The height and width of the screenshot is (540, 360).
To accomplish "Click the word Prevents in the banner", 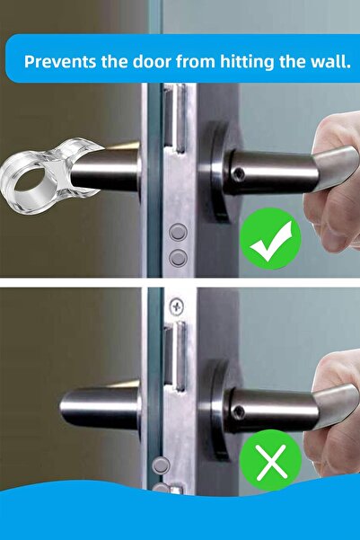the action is [60, 61].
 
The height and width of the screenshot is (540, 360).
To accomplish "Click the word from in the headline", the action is [196, 61].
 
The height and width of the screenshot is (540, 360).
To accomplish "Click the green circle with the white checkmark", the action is [270, 239].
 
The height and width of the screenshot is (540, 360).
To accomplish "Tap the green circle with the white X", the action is [270, 461].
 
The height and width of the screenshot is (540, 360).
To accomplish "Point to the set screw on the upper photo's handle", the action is [239, 174].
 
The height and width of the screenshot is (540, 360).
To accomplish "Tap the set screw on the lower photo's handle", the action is [239, 412].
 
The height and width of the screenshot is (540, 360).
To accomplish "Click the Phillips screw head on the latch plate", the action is [177, 306].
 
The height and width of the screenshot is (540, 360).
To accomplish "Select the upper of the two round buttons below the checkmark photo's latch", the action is [179, 233].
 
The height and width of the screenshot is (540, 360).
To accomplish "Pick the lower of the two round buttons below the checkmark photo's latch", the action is [179, 258].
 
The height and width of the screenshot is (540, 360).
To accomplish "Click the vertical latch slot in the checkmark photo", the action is [174, 119].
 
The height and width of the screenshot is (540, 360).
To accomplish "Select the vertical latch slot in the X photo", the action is [174, 357].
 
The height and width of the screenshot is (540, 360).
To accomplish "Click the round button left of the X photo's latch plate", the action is [161, 465].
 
